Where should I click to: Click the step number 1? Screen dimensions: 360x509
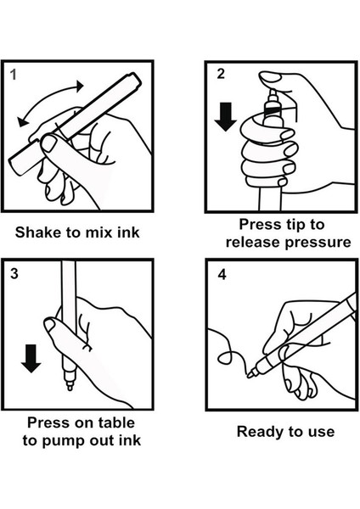click(13, 75)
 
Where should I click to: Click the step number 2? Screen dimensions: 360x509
click(221, 74)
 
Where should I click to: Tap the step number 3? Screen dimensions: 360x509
click(14, 274)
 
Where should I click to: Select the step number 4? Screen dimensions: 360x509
click(222, 275)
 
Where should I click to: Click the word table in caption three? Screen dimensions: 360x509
click(116, 422)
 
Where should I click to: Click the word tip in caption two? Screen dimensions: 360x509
click(287, 225)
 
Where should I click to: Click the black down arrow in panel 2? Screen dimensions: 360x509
click(226, 116)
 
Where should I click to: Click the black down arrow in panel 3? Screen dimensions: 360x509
click(31, 359)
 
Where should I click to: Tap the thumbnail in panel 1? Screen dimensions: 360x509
click(49, 143)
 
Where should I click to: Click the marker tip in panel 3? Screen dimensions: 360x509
click(70, 386)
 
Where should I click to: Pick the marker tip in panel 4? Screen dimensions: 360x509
click(250, 375)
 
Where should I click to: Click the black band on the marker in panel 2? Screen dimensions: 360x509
click(273, 111)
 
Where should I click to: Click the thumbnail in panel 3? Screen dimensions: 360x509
click(50, 325)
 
